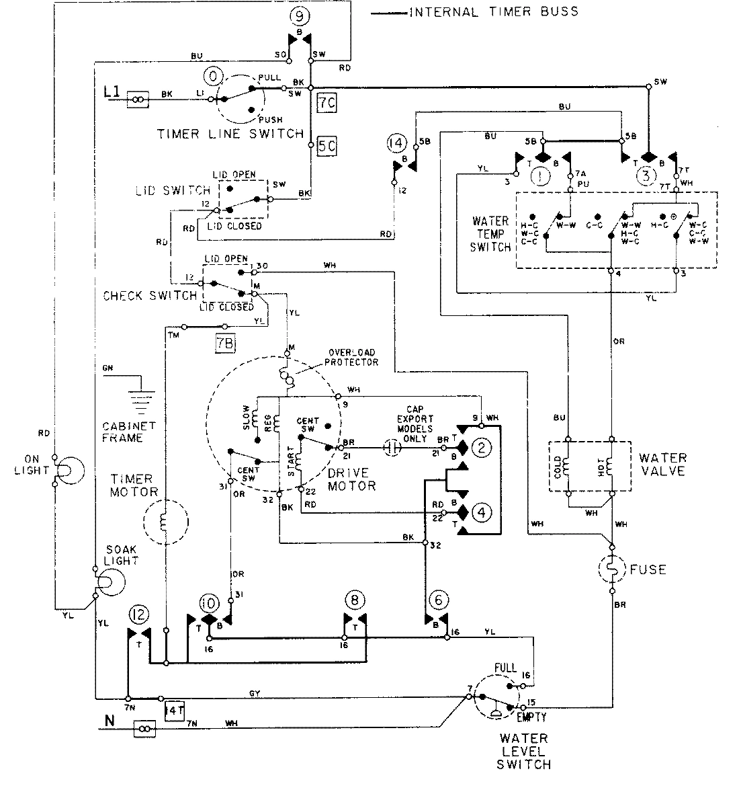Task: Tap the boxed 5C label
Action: point(326,146)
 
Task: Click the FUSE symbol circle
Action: point(613,570)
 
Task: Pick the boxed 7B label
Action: point(226,342)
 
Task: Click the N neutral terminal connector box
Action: point(146,727)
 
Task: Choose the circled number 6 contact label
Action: point(437,599)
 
